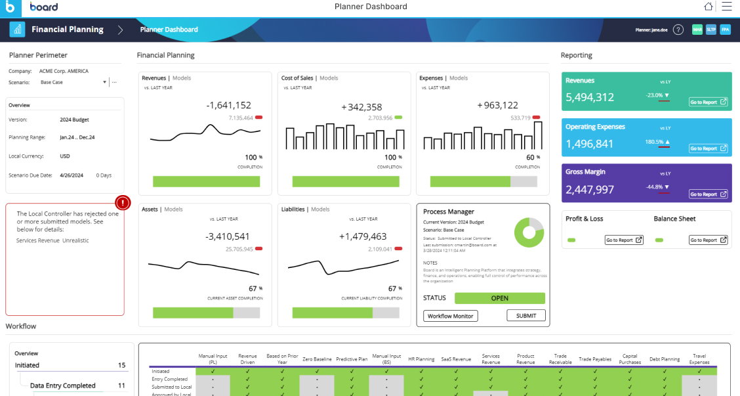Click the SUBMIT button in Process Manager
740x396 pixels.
tap(526, 316)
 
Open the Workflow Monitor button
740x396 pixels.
tap(451, 316)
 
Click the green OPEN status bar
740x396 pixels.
tap(499, 298)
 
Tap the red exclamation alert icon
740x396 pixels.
tap(123, 203)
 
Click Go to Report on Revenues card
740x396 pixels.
tap(708, 102)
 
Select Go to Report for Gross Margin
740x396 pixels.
tap(708, 194)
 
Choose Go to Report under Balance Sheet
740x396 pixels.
tap(708, 240)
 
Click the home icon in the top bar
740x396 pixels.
tap(709, 7)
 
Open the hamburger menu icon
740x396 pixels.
tap(726, 7)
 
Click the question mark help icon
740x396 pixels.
tap(678, 30)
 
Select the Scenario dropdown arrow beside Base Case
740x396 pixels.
tap(104, 83)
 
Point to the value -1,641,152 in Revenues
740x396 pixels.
tap(228, 105)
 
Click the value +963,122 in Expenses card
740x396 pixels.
tap(497, 105)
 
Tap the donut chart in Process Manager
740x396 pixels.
tap(529, 232)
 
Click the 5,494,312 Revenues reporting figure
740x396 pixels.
tap(590, 97)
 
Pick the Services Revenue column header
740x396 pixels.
tap(491, 359)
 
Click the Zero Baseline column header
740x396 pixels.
tap(317, 359)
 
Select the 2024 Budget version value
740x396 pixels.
tap(74, 120)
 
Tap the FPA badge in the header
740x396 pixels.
tap(725, 30)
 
